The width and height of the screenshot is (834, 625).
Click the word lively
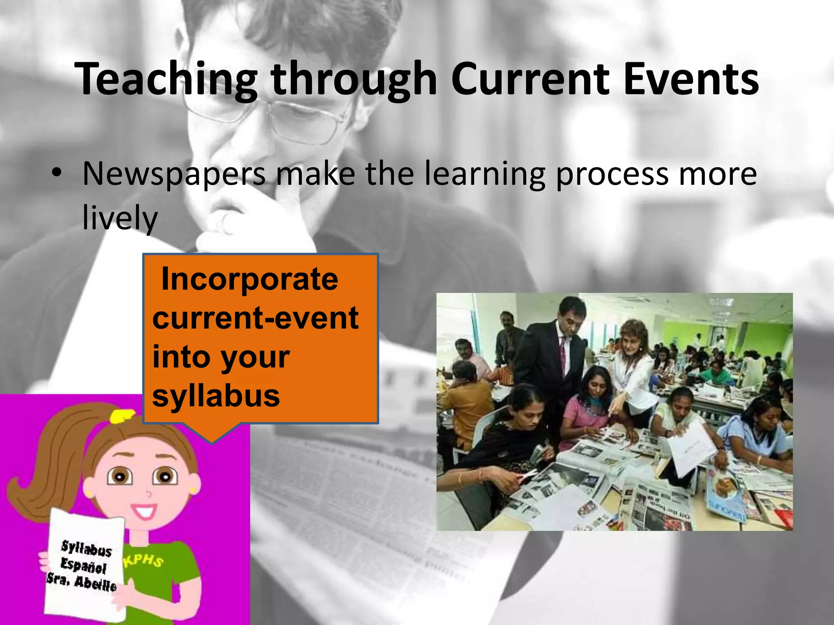[x=120, y=218]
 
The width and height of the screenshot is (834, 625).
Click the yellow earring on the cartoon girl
[x=88, y=493]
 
